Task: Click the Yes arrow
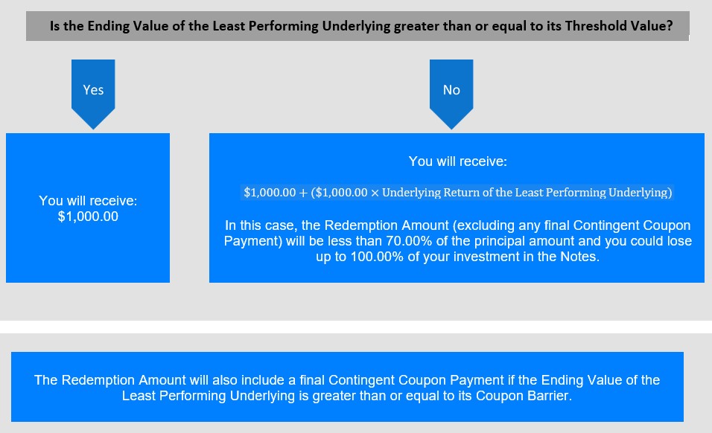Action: click(x=93, y=94)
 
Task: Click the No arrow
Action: click(x=451, y=94)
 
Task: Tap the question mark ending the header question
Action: click(x=670, y=26)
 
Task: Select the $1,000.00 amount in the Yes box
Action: click(x=88, y=216)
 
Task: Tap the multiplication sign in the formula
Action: click(x=375, y=193)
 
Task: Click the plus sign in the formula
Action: click(x=303, y=193)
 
